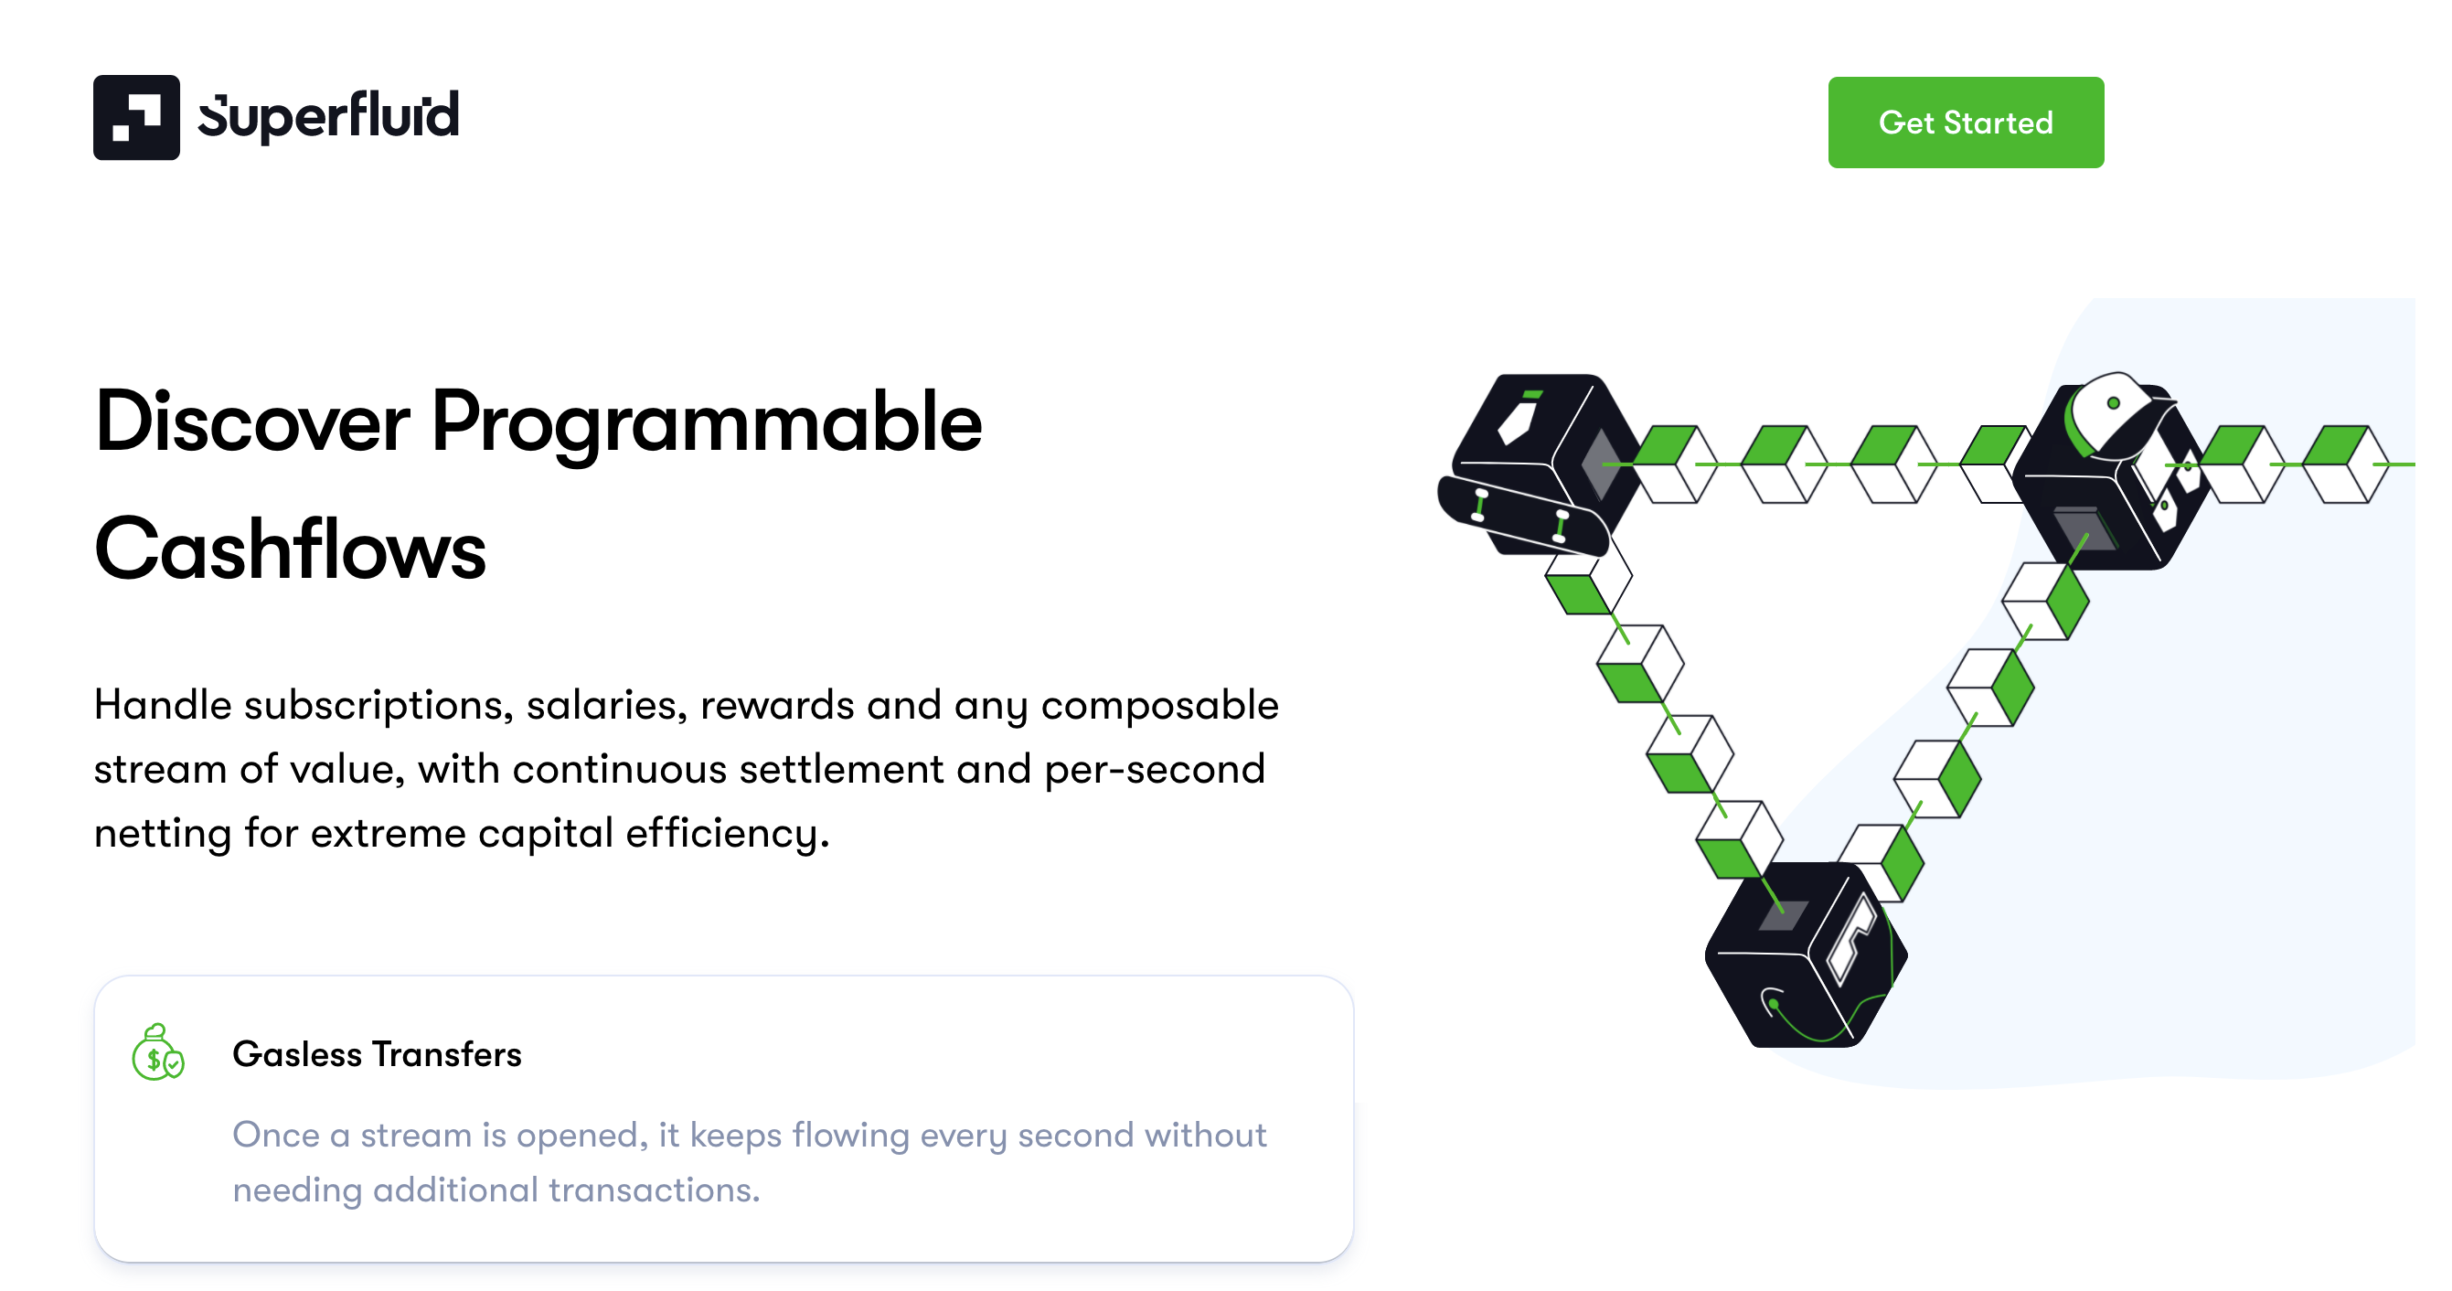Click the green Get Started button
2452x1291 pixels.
pos(1965,122)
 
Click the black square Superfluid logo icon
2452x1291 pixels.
pos(136,117)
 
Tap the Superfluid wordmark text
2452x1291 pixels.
pos(328,117)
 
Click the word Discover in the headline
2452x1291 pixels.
pos(251,421)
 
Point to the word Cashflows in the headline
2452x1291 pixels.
pos(290,549)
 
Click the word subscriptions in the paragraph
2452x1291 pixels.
pos(378,706)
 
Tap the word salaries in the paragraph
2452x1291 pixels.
pos(605,706)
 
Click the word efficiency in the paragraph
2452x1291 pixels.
pos(726,833)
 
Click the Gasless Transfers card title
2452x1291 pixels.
pos(377,1054)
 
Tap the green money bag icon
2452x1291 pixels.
pos(157,1053)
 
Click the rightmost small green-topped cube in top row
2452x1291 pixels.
pos(2344,464)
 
